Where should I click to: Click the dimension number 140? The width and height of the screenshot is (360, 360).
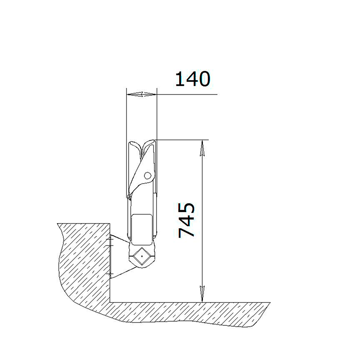click(193, 79)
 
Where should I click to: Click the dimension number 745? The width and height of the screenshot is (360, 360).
click(186, 220)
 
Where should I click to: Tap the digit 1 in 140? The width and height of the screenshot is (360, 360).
click(180, 79)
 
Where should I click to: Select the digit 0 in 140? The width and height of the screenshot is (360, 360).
click(204, 79)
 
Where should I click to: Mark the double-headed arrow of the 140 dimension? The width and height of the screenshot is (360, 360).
click(142, 94)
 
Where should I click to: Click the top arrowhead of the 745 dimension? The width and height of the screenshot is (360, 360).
click(202, 148)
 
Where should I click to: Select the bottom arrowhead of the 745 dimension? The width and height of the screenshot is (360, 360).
click(202, 294)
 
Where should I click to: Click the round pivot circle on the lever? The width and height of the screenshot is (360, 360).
click(148, 176)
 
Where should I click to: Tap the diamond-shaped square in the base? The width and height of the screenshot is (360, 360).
click(142, 256)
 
